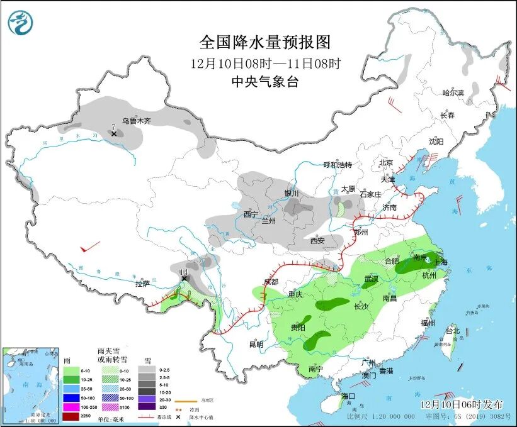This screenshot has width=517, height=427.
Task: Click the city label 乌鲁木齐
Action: point(136,121)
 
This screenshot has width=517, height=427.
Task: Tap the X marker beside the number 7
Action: point(114,134)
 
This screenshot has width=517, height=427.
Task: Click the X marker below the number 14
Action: point(184,279)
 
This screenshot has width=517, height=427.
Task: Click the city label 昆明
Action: point(256,344)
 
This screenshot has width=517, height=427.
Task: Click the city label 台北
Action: point(452,331)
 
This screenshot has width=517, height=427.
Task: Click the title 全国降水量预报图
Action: point(264,42)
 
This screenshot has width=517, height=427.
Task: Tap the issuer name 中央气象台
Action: point(264,81)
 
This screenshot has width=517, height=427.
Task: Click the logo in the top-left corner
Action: point(20,24)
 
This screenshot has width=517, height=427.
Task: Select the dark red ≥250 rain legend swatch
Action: point(72,416)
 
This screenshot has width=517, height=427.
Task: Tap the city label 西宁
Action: point(251,214)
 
